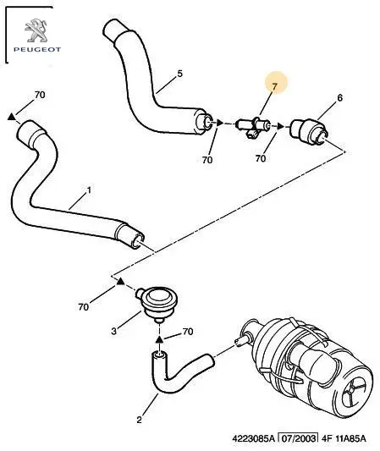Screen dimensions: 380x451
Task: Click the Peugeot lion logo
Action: (x=36, y=30)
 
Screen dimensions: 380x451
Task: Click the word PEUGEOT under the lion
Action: (x=37, y=49)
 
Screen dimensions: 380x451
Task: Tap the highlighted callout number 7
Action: (x=274, y=86)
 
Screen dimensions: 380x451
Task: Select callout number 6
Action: (x=339, y=98)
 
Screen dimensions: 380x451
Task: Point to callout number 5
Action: (x=179, y=74)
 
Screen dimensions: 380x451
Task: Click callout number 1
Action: (x=89, y=190)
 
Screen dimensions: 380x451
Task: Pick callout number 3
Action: (x=114, y=332)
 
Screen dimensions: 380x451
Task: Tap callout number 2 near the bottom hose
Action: (x=140, y=420)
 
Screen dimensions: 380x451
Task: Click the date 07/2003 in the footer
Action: (x=299, y=438)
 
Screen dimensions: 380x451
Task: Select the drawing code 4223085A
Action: (x=253, y=438)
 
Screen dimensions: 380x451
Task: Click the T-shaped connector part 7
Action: (x=253, y=127)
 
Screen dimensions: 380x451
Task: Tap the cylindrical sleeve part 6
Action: (x=309, y=132)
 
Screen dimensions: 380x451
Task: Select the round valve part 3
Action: (x=156, y=304)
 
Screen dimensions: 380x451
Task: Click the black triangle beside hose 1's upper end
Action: (x=12, y=117)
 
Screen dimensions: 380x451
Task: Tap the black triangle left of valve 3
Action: (x=120, y=281)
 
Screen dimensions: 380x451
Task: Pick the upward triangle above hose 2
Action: (x=159, y=339)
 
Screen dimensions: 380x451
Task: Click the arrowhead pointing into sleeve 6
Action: (x=280, y=126)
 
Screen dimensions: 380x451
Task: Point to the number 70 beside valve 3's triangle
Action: (x=84, y=307)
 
